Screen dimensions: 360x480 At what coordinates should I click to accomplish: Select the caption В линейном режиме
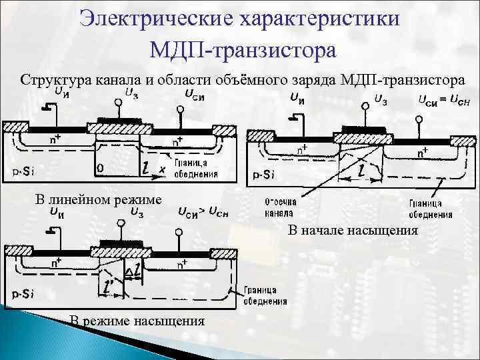click(x=98, y=199)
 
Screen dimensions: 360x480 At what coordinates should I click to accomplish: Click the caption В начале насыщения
click(x=353, y=231)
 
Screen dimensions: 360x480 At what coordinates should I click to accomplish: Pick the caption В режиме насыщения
click(x=137, y=322)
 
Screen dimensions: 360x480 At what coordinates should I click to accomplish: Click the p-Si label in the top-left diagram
click(x=23, y=170)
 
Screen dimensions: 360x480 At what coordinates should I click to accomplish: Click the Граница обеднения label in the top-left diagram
click(x=195, y=169)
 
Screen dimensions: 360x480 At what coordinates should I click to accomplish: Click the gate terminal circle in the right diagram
click(x=366, y=105)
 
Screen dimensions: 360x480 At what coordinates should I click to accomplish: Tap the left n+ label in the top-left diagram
click(x=55, y=140)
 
